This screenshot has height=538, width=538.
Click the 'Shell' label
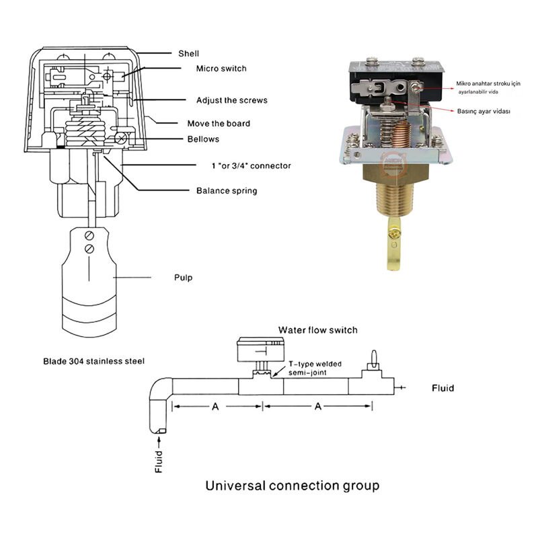(188, 54)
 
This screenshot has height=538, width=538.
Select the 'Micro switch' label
(221, 69)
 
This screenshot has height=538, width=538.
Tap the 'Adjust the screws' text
(231, 100)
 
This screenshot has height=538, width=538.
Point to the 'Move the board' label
(218, 123)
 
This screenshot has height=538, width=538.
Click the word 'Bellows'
(202, 139)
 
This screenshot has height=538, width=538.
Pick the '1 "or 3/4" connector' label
(242, 165)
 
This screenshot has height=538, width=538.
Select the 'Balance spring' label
(226, 190)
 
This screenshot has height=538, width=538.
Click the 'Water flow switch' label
(318, 330)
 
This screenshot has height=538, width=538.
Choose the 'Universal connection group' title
(292, 485)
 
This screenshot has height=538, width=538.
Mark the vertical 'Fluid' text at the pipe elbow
(159, 461)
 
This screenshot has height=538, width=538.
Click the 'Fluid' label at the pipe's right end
(443, 388)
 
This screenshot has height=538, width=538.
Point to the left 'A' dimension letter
(215, 406)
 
